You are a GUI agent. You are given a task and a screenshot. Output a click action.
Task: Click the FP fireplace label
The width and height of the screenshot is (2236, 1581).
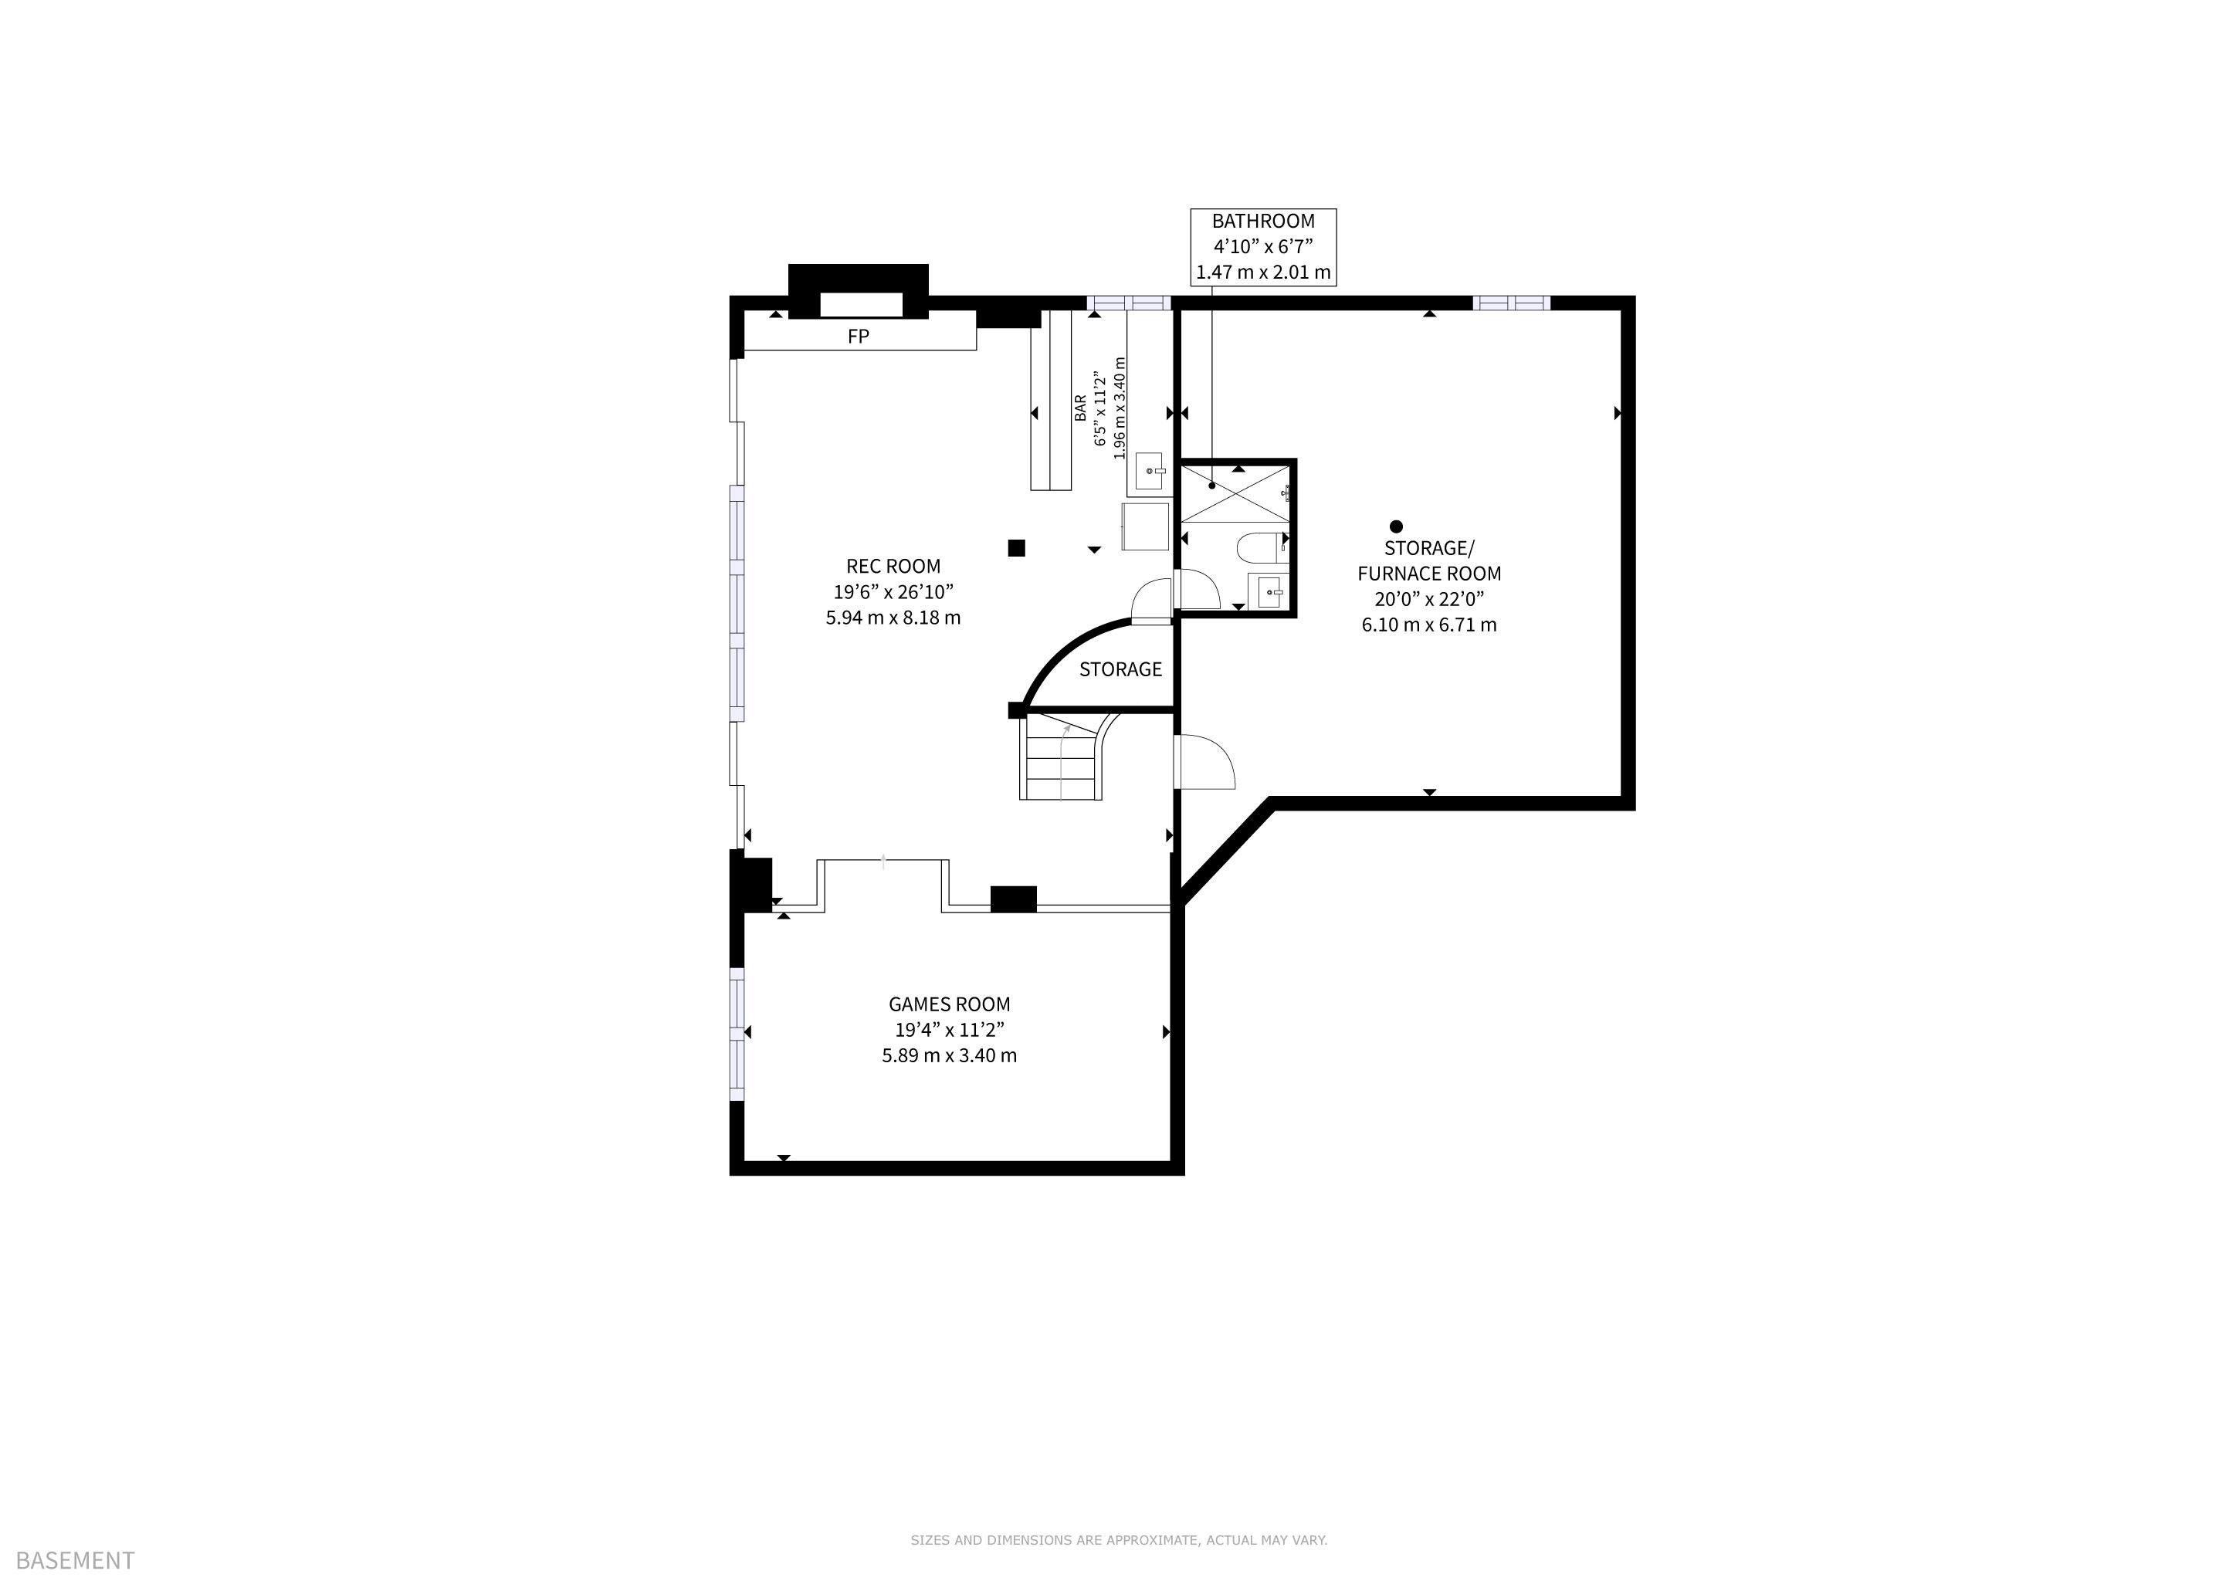pos(858,337)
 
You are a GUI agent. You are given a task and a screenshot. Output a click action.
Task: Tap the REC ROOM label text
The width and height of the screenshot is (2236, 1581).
pos(893,567)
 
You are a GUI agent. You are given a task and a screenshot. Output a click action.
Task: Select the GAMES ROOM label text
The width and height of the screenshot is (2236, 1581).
pos(950,1004)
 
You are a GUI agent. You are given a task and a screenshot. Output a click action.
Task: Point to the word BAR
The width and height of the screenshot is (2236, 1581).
pos(1080,408)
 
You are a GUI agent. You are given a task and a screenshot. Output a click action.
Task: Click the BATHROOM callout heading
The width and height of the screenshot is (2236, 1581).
pos(1263,221)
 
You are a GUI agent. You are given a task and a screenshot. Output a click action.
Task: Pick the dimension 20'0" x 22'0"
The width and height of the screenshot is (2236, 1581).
pos(1428,599)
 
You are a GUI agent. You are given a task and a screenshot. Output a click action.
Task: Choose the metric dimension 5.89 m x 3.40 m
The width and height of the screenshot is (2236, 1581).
pos(950,1055)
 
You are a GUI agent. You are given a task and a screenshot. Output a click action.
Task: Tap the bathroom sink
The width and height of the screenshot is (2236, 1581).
pos(1269,591)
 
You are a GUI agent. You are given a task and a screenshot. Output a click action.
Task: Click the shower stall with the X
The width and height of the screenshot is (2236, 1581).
pos(1235,493)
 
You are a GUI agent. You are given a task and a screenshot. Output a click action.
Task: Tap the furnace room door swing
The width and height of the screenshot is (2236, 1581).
pos(1207,762)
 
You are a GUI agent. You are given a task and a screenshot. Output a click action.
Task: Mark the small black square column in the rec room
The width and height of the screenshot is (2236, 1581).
pos(1017,548)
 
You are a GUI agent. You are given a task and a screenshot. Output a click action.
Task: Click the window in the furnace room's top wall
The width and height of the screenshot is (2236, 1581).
pos(1510,303)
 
